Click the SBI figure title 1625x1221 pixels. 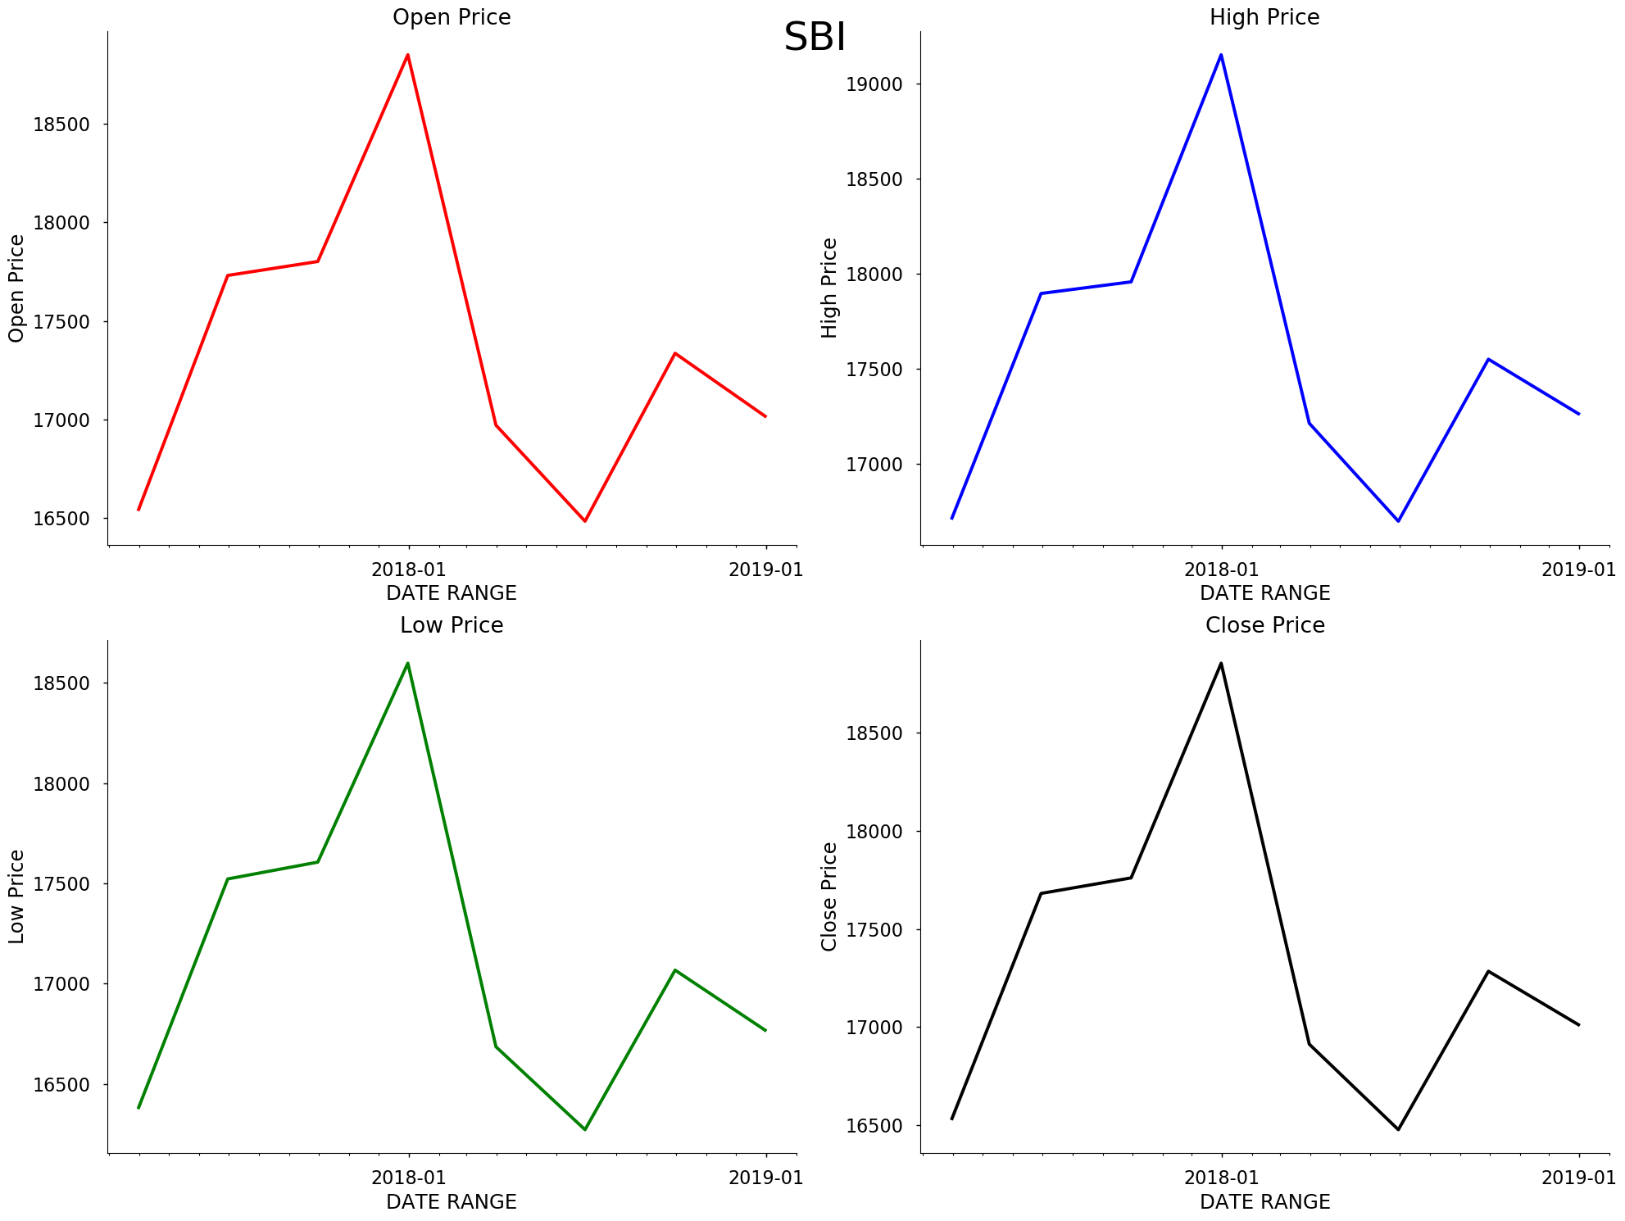[x=815, y=38]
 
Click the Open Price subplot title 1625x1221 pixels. [x=452, y=17]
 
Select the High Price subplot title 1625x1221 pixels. [x=1264, y=17]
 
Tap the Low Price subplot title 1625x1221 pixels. [x=452, y=625]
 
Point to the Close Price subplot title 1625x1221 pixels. [x=1264, y=625]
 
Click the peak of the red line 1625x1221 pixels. [x=407, y=55]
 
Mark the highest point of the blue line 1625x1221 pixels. [x=1221, y=55]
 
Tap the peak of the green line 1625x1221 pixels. [x=407, y=663]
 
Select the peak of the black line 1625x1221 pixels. [x=1221, y=663]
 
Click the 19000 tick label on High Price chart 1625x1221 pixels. [x=874, y=84]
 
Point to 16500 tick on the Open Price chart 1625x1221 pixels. [x=61, y=519]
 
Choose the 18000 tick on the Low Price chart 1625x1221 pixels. [x=61, y=783]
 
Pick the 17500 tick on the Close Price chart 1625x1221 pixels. [x=874, y=930]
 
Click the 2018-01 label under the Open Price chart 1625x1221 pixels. [x=409, y=570]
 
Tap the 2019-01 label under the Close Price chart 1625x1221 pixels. [x=1578, y=1178]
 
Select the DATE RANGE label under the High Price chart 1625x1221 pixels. [x=1264, y=592]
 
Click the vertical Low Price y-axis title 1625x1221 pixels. [x=16, y=896]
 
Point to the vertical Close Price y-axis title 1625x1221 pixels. [x=829, y=896]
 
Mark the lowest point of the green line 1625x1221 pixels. [x=585, y=1129]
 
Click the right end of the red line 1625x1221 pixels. [x=765, y=416]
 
